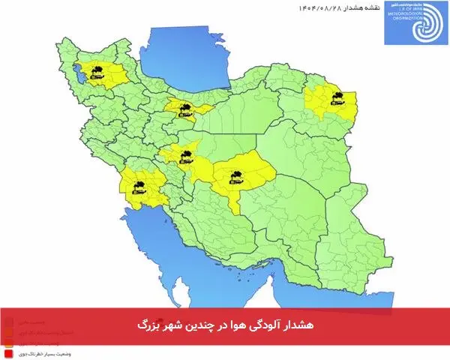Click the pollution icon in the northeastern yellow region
click(335, 96)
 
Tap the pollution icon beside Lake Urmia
click(95, 73)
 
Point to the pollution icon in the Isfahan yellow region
click(185, 155)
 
